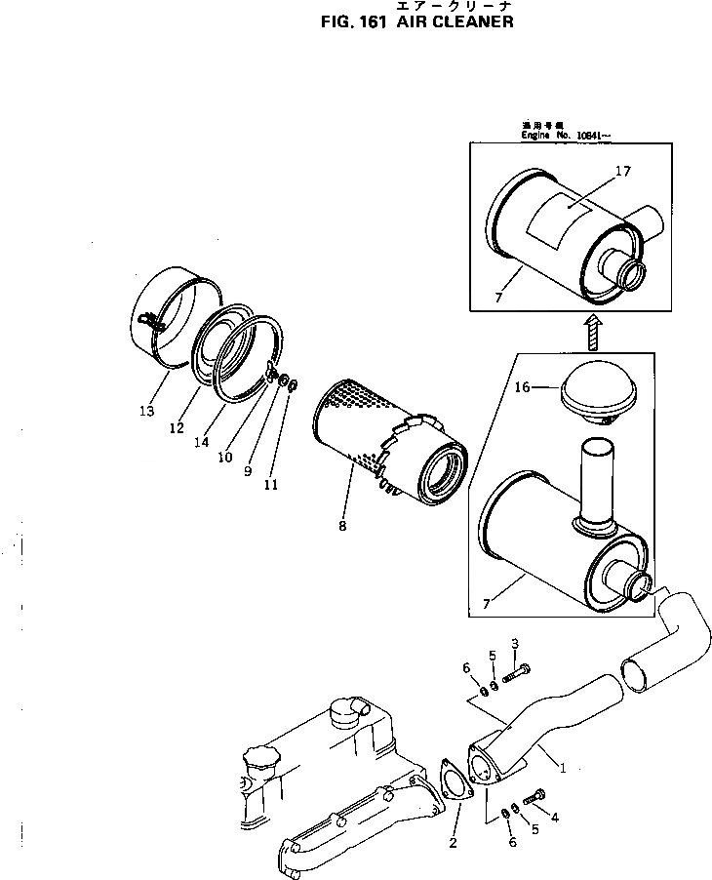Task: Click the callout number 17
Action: pyautogui.click(x=622, y=172)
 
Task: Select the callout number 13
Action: pyautogui.click(x=146, y=411)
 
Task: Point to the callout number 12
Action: pyautogui.click(x=178, y=426)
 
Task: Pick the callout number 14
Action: pyautogui.click(x=201, y=441)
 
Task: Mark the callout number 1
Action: pyautogui.click(x=563, y=768)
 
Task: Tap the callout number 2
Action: pyautogui.click(x=453, y=841)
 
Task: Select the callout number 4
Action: pyautogui.click(x=555, y=818)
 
